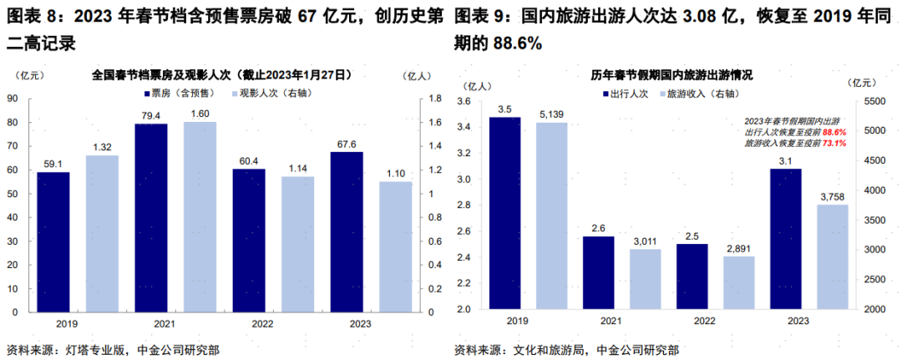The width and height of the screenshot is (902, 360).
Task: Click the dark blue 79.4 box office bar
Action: click(151, 217)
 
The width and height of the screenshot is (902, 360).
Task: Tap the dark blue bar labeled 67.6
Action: click(347, 232)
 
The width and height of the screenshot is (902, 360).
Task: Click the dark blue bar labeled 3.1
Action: click(784, 239)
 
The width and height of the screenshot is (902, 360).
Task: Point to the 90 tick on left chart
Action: click(13, 99)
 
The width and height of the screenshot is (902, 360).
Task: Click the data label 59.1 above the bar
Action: click(53, 165)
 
